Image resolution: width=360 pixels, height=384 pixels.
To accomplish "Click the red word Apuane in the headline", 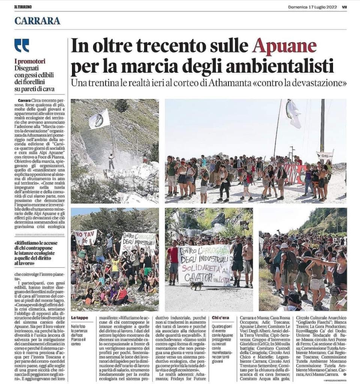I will click(284, 46).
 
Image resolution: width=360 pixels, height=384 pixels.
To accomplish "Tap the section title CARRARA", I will click(37, 21).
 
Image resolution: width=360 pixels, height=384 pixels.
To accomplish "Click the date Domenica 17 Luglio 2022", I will click(312, 7).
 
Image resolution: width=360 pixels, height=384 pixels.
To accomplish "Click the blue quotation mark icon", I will click(22, 45).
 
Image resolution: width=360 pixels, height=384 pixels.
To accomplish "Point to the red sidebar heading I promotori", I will click(30, 61).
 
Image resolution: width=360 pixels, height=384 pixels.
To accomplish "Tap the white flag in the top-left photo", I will click(99, 120).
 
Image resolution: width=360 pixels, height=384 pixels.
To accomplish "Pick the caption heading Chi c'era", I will click(220, 318).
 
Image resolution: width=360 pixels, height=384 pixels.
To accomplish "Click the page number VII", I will click(344, 7).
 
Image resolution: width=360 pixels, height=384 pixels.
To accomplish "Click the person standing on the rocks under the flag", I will click(111, 160).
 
